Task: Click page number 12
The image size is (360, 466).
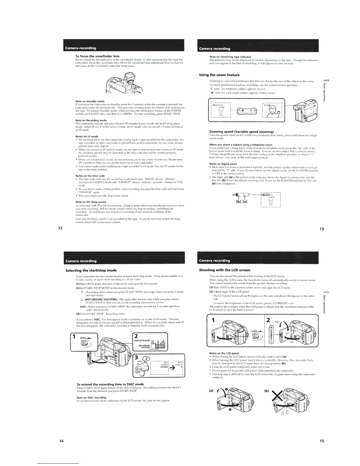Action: (60, 227)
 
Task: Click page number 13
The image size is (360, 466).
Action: (322, 229)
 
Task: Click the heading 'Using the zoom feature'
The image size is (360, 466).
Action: (219, 75)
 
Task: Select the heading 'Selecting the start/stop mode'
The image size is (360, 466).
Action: (91, 270)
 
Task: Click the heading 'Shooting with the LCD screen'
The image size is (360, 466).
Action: (225, 270)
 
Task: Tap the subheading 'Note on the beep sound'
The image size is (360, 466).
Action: (91, 202)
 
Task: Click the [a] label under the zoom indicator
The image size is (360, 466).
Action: (245, 202)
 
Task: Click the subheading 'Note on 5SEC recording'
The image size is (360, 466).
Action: (91, 397)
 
